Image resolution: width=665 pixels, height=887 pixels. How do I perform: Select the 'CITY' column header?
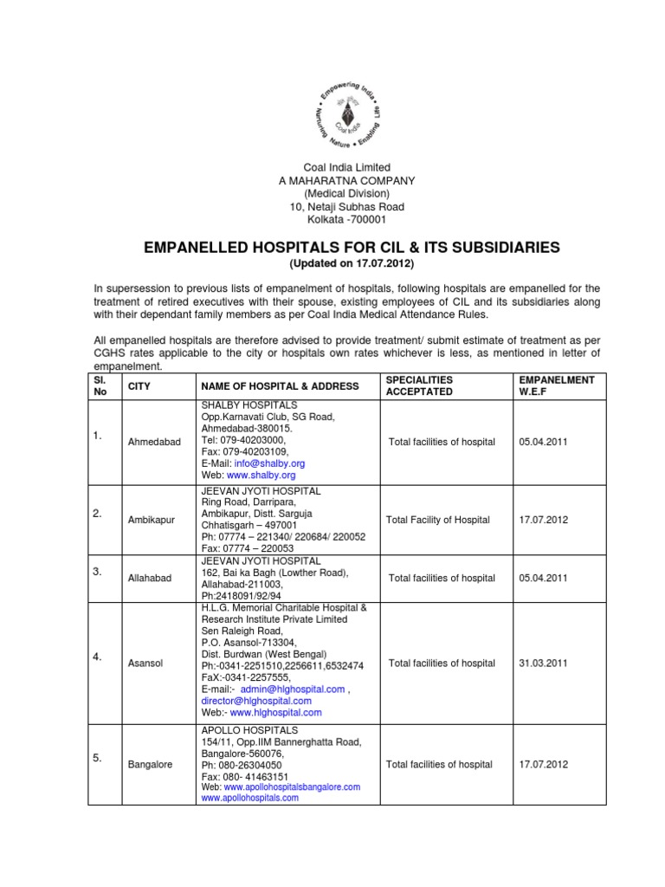[x=140, y=385]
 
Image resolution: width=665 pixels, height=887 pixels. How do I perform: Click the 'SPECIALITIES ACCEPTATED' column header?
[x=418, y=385]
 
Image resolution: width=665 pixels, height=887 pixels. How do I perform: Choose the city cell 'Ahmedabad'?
[x=154, y=442]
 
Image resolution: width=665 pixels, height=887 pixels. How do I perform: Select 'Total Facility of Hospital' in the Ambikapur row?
[x=438, y=520]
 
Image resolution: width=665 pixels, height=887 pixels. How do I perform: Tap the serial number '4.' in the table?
[x=98, y=657]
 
